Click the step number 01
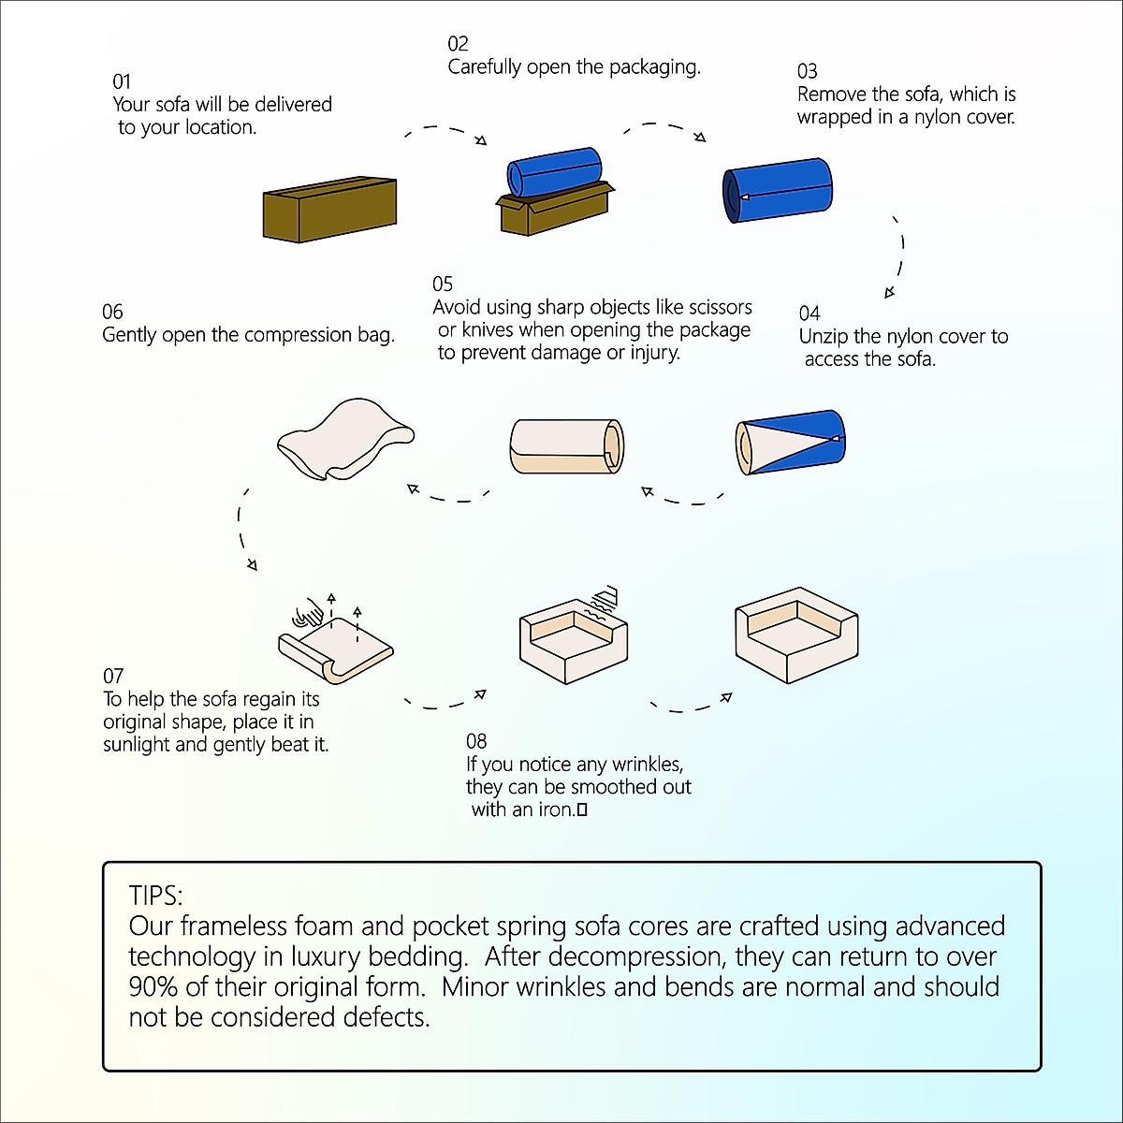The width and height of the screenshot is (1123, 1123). point(122,81)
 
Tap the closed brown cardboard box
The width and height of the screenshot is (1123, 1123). point(329,210)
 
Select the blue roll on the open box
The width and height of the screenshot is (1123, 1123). point(554,172)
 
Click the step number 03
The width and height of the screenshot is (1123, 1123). point(807,71)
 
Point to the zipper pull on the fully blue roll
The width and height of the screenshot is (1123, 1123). point(744,197)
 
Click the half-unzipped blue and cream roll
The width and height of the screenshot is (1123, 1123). point(790,442)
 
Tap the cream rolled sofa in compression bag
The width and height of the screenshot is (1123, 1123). point(566,445)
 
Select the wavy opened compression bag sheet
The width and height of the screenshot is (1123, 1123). point(345,439)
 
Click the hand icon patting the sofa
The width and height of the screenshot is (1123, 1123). point(308,612)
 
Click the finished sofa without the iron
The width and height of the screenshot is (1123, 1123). point(796,634)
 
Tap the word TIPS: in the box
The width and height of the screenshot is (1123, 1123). point(155,896)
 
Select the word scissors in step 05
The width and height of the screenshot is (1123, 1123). point(721,307)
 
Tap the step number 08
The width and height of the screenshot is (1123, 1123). point(476,741)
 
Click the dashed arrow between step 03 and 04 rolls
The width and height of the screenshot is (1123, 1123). point(897,256)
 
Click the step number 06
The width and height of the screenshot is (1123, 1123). point(112,312)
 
